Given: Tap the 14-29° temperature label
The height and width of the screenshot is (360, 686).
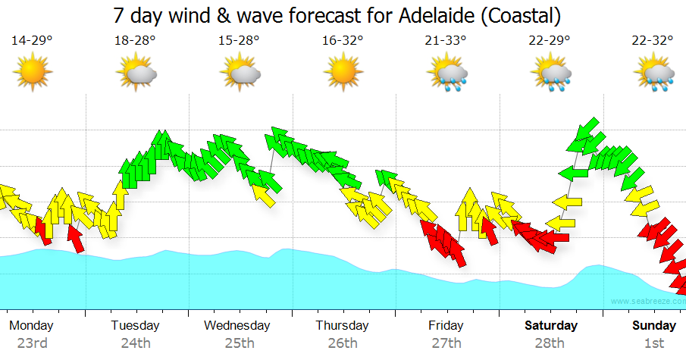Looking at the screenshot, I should [31, 41].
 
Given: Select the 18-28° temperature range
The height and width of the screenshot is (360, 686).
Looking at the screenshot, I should [135, 41].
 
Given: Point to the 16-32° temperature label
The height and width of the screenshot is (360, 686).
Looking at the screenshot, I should [343, 41].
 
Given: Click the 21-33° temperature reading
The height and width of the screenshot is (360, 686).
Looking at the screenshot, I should [446, 41].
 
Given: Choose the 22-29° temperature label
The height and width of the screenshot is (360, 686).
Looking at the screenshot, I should [550, 41].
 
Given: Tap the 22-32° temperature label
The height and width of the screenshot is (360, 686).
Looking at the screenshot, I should [653, 41].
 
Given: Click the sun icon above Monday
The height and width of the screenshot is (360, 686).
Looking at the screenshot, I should [32, 73].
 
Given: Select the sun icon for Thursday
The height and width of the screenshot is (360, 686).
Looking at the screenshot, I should [343, 73].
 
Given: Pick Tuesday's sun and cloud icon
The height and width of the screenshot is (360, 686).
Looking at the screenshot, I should [136, 74].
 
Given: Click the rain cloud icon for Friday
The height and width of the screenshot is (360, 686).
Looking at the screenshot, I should [447, 74].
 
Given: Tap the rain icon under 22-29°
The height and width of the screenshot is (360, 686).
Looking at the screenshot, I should [551, 74].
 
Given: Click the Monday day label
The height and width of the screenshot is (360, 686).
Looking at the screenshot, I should [31, 325].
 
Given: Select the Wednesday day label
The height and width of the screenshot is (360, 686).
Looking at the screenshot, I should [237, 325].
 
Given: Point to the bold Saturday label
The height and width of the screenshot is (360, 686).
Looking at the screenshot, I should [550, 325].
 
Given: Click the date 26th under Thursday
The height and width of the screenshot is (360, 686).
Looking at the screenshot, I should [343, 343].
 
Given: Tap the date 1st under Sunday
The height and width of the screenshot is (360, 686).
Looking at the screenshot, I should [653, 343].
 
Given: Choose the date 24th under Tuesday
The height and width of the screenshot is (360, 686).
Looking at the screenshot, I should [135, 343].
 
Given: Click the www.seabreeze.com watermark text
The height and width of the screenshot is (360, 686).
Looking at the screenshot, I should [644, 301].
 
